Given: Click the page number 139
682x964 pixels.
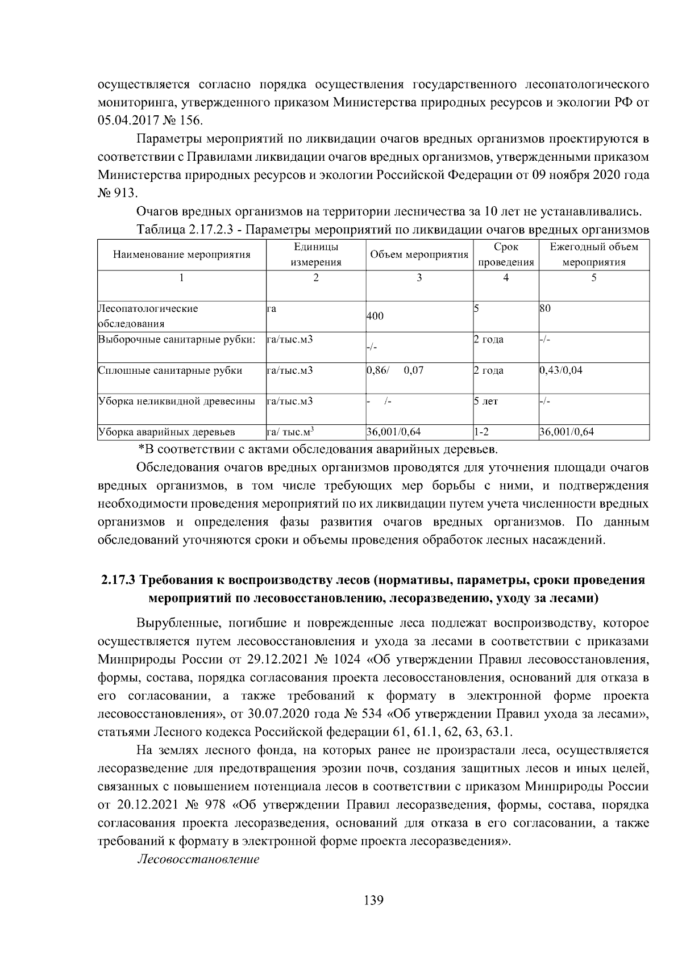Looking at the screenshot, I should pos(373,900).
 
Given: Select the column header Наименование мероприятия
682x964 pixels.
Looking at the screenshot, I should pos(182,254).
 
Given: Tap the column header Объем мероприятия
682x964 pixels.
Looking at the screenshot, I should pos(419,254).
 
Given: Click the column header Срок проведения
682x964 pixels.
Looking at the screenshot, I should pos(506,254).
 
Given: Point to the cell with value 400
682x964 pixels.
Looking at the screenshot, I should pos(375,317).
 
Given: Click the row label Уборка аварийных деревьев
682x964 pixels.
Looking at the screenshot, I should pos(167,432).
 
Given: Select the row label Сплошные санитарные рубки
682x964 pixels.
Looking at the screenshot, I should pos(170,370).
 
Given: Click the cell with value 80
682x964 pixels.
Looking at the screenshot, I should pos(546,308).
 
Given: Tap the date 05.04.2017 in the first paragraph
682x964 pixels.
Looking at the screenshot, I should pos(126,121).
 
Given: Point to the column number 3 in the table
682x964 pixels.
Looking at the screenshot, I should pos(419,278).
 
